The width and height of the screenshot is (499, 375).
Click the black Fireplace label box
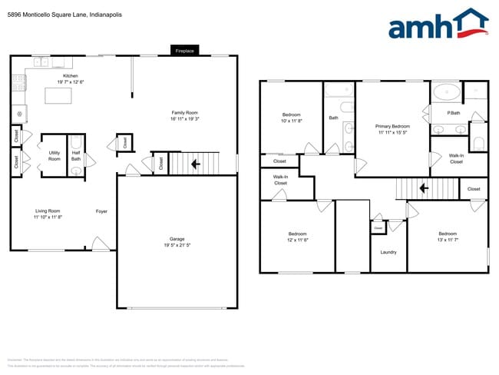pyautogui.click(x=185, y=51)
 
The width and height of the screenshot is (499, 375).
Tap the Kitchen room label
pyautogui.click(x=70, y=76)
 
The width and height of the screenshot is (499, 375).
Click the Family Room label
pyautogui.click(x=184, y=113)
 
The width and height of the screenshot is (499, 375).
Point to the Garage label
pyautogui.click(x=177, y=239)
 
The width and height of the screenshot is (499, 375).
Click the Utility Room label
pyautogui.click(x=55, y=156)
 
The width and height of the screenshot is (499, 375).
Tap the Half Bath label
pyautogui.click(x=76, y=156)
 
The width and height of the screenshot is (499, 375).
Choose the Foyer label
pyautogui.click(x=101, y=211)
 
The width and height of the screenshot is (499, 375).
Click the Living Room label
pyautogui.click(x=48, y=211)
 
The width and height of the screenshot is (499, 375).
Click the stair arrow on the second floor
pyautogui.click(x=422, y=187)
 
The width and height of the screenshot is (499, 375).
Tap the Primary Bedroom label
pyautogui.click(x=392, y=127)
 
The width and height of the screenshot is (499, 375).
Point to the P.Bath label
pyautogui.click(x=454, y=114)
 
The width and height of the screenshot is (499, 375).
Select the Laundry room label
pyautogui.click(x=388, y=251)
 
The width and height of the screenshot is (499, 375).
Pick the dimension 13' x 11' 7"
pyautogui.click(x=448, y=239)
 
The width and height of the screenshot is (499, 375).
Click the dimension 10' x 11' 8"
pyautogui.click(x=291, y=121)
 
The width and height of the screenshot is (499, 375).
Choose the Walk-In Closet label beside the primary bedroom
pyautogui.click(x=456, y=159)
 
